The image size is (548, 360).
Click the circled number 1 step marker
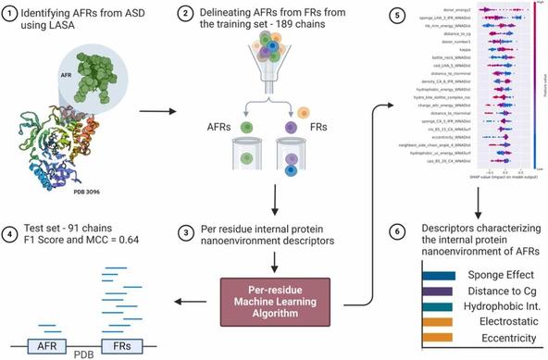[12, 17]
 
